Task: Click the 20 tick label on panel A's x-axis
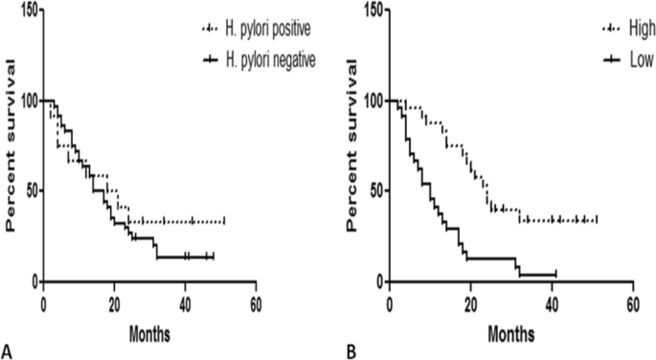coord(114,302)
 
